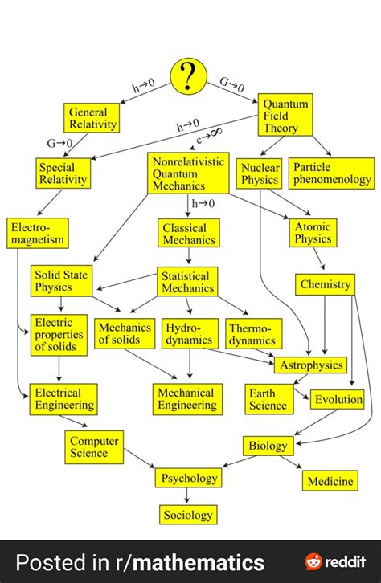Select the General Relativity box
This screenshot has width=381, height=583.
coord(92,118)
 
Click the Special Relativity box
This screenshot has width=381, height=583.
coord(63,173)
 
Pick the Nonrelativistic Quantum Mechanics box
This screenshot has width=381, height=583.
coord(189,173)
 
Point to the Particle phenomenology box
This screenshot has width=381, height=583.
coord(331,173)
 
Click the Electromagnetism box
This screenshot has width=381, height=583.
coord(38,233)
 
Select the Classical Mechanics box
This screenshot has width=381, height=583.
coord(189,233)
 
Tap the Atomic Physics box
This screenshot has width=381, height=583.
coord(312,233)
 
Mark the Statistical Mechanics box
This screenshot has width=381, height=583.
coord(189,282)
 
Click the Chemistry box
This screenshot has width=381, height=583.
coord(326,284)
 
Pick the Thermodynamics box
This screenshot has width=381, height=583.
coord(252,334)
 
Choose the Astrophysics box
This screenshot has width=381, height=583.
coord(310,365)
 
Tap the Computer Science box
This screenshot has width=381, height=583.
coord(94,446)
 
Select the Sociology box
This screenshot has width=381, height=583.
coord(188,515)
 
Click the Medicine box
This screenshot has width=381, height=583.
coord(330,481)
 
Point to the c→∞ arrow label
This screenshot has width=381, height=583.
coord(210,137)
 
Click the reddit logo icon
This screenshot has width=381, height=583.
coord(315,561)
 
